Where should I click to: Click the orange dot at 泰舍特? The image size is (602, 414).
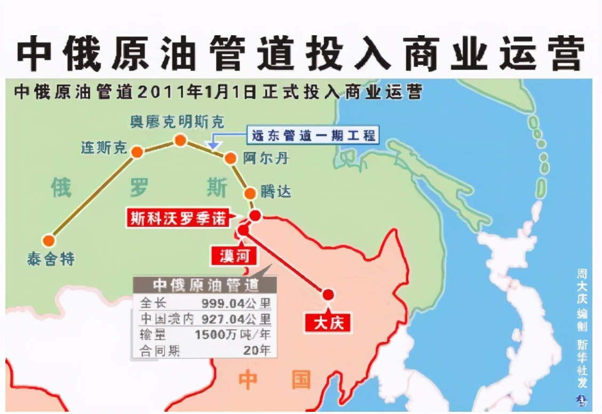coord(50,241)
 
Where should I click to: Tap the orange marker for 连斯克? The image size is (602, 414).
coord(137,152)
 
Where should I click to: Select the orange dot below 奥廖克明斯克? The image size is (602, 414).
coord(180,140)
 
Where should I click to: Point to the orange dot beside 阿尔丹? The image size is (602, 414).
coord(230,158)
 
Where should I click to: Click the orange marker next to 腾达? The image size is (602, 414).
coord(249,193)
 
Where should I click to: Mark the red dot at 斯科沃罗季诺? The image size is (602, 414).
coord(256,216)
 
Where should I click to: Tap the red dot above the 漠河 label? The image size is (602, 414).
coord(243,230)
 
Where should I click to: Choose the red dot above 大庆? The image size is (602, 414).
coord(328,294)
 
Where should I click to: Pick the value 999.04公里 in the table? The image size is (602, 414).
coord(236,303)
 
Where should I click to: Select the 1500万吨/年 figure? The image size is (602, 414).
coord(233,335)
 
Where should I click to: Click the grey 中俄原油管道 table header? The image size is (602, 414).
coord(205,285)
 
